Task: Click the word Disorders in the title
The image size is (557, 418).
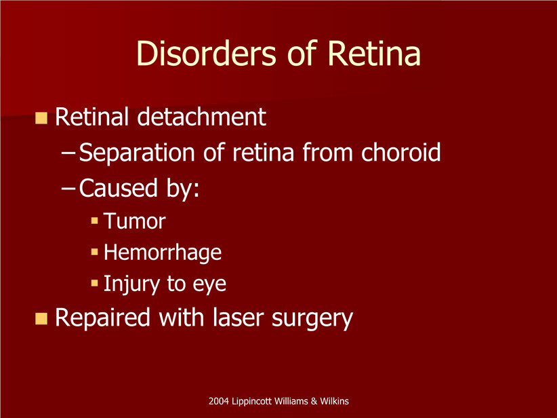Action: [x=206, y=54]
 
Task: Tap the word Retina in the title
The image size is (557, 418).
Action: [x=374, y=54]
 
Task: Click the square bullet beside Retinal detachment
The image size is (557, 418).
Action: [x=41, y=118]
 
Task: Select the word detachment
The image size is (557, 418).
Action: [x=201, y=117]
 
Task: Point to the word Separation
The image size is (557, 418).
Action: [x=137, y=153]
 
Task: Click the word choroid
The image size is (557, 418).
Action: [x=400, y=152]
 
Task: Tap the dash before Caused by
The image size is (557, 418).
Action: [x=68, y=188]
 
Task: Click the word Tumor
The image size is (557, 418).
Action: [x=135, y=221]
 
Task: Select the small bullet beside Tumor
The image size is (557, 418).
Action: [x=94, y=221]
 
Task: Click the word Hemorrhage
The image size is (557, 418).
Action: [x=163, y=253]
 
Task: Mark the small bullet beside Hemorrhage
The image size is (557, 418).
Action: [x=94, y=252]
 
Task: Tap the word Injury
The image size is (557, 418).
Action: [x=131, y=284]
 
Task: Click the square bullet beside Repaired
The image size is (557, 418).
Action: [x=41, y=318]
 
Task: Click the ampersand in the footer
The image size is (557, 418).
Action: [x=314, y=401]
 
